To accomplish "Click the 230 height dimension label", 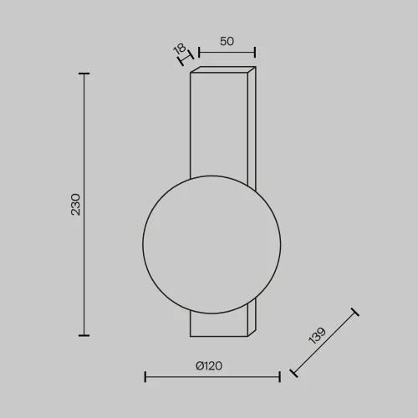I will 75,205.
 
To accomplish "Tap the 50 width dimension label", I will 227,41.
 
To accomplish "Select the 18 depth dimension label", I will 179,50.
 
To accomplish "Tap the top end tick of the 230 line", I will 84,74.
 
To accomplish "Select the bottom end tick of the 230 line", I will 84,334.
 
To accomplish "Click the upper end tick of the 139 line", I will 356,313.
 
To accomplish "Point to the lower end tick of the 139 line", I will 292,373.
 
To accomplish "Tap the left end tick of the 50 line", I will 200,54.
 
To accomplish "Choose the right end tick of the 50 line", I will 254,54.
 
